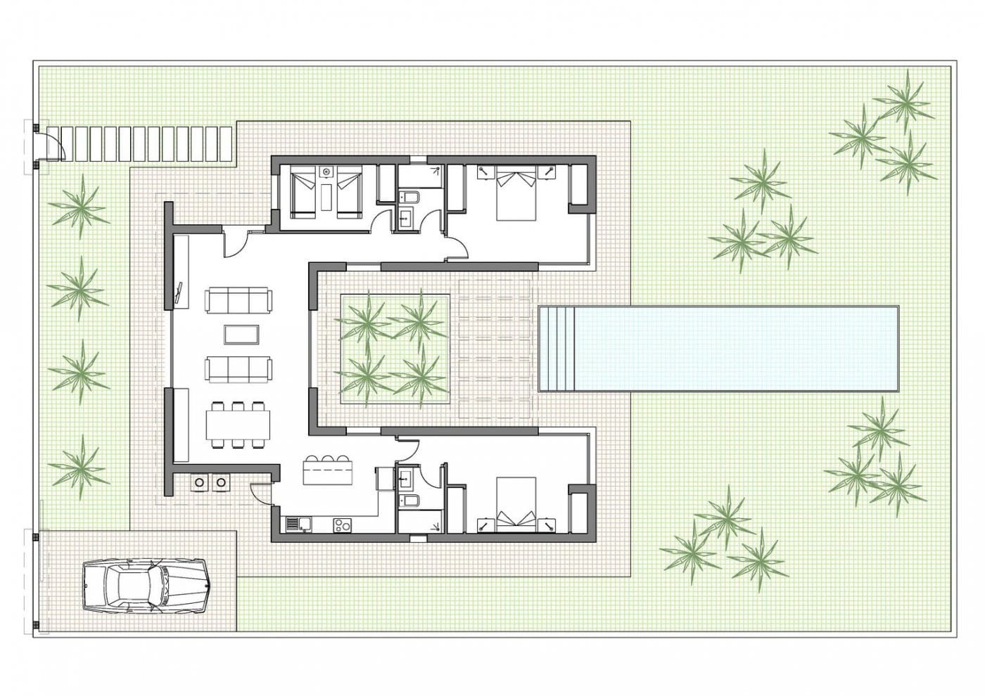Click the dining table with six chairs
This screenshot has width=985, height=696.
click(238, 425)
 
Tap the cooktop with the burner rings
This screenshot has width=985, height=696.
click(343, 524)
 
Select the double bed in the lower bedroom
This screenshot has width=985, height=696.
click(516, 503)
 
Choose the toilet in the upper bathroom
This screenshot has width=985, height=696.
click(409, 198)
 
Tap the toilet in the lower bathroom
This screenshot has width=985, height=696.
click(409, 501)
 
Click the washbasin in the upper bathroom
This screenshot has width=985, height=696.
click(407, 219)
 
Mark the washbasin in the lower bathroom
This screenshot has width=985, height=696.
click(407, 479)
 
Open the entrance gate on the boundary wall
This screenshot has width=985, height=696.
click(49, 146)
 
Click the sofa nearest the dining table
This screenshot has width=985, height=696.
click(238, 368)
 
